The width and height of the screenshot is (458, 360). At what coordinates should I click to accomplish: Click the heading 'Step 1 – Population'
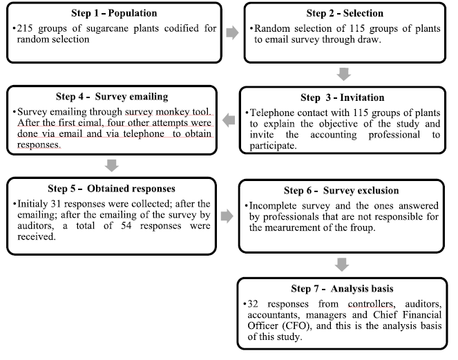[x=114, y=12]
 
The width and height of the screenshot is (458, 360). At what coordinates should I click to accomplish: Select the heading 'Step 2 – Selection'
[x=345, y=12]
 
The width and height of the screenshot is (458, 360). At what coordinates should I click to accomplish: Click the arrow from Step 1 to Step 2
[x=234, y=31]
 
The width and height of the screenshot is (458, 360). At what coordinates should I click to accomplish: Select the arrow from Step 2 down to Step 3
[x=343, y=72]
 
